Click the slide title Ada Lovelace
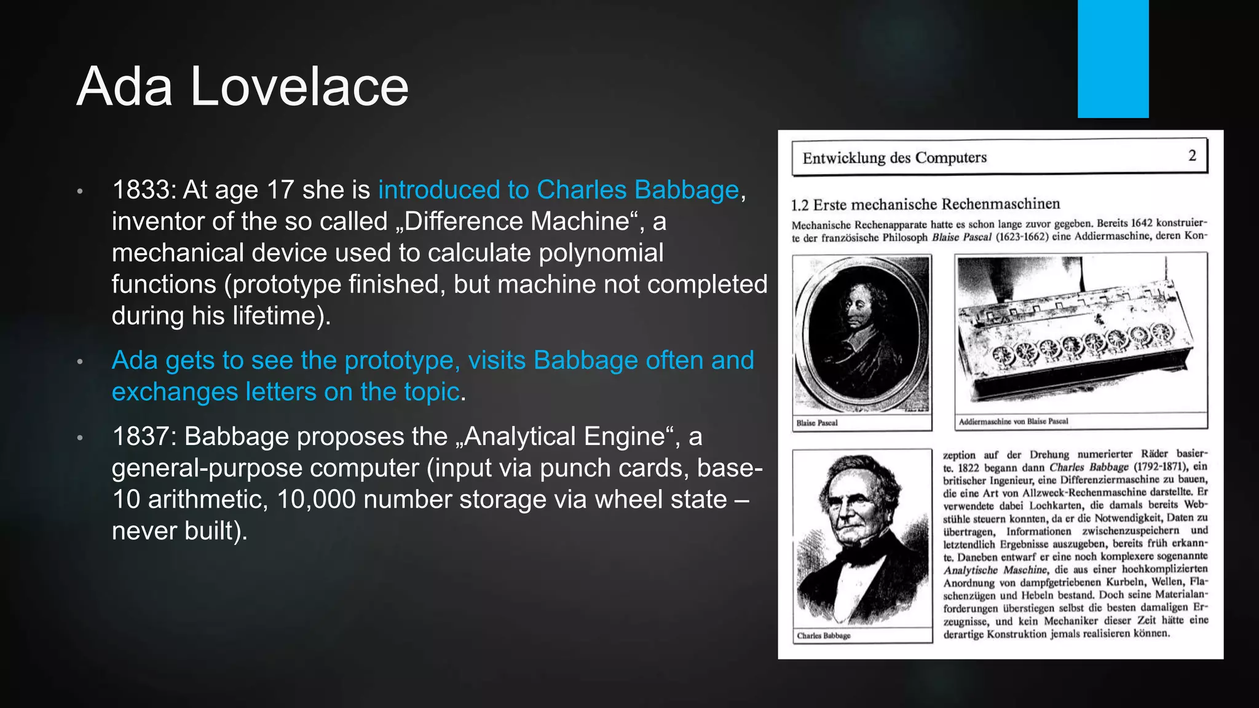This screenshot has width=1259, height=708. (242, 87)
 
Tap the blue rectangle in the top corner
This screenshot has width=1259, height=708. (1113, 58)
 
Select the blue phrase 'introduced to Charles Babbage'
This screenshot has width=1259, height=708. (558, 190)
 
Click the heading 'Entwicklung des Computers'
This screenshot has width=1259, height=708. (894, 158)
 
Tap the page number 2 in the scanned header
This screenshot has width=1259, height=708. (1192, 155)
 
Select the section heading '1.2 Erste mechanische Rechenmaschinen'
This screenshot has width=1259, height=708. (925, 204)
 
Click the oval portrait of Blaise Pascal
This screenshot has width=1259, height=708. (862, 334)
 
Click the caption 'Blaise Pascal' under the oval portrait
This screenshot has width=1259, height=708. (817, 423)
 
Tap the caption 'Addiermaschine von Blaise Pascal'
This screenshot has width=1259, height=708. (1013, 422)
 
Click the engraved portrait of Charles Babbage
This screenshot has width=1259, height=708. (862, 538)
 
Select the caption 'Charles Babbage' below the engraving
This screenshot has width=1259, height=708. (824, 635)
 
